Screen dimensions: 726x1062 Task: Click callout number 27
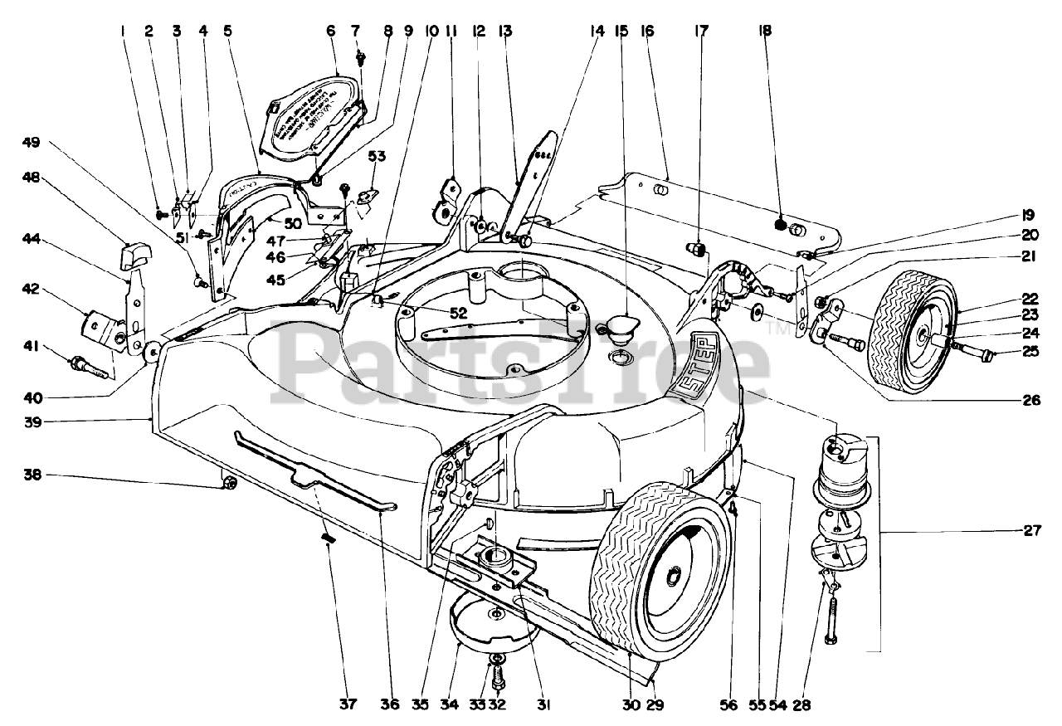click(1031, 532)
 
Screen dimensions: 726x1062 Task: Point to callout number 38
click(32, 475)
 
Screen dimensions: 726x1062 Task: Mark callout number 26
click(1030, 400)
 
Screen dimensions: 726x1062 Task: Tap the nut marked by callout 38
click(230, 483)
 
